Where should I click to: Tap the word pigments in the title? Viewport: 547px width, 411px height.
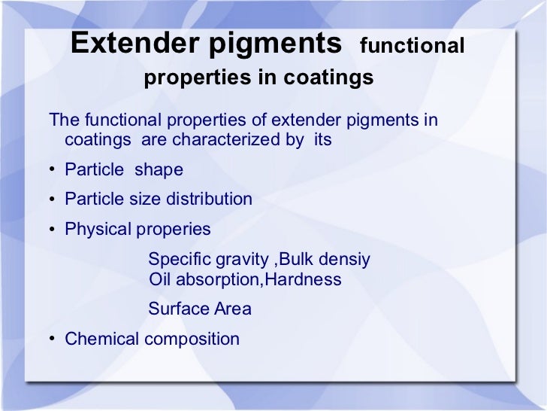(274, 45)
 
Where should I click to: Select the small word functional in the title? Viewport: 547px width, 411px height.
(413, 47)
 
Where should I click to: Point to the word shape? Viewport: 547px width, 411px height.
(159, 170)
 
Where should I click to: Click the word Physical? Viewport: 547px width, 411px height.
(98, 229)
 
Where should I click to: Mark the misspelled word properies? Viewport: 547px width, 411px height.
(174, 230)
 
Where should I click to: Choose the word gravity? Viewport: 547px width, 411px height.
(243, 260)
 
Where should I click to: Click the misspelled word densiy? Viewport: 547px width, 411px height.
(346, 260)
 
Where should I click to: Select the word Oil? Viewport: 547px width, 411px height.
(159, 280)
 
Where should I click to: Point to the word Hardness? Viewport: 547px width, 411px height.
(307, 280)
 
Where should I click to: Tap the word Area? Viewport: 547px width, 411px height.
(233, 309)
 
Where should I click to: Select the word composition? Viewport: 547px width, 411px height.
(192, 339)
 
